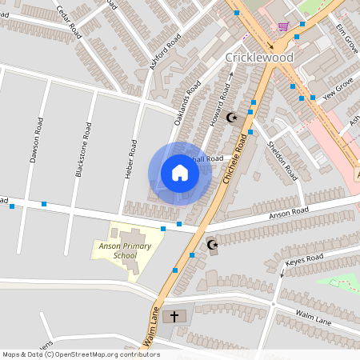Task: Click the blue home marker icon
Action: [x=179, y=173]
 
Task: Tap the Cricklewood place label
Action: [x=259, y=58]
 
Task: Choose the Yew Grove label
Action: [x=338, y=88]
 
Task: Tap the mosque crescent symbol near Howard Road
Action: [x=233, y=118]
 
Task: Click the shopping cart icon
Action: [x=283, y=26]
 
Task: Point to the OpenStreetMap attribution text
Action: [x=80, y=354]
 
